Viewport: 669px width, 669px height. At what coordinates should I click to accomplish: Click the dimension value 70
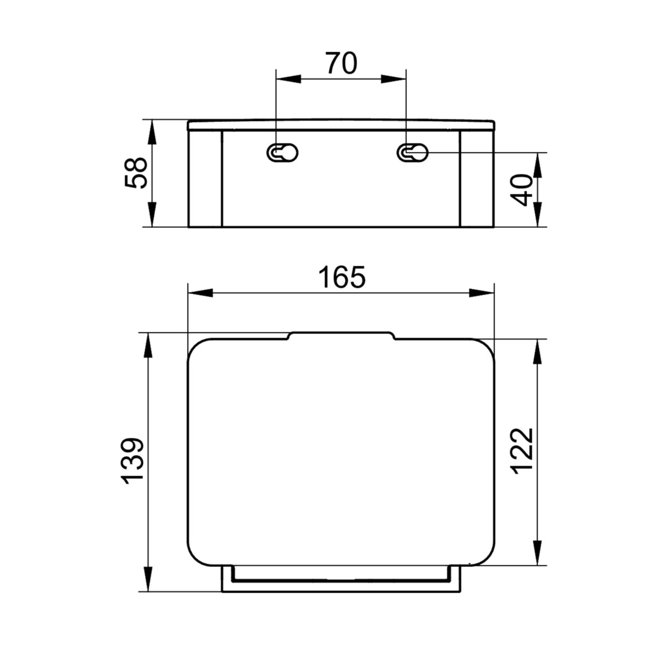341,64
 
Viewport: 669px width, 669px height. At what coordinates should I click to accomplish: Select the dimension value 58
136,173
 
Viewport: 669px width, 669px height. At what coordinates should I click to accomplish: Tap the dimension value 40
523,190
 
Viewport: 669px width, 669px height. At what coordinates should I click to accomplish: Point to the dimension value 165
341,278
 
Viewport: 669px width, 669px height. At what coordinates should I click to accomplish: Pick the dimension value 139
133,462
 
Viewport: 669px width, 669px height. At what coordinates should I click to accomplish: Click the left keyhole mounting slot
282,153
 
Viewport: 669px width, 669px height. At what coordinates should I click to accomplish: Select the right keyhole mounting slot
413,153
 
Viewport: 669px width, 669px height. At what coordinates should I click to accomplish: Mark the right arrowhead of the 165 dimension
482,293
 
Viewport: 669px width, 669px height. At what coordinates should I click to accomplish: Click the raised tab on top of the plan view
341,336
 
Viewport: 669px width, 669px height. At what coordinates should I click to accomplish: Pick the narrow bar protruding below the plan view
341,579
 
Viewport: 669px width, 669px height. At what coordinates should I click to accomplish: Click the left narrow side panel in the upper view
205,178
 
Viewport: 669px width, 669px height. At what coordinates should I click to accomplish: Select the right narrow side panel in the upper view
476,178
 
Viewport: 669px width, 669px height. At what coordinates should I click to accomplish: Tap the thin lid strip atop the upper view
341,125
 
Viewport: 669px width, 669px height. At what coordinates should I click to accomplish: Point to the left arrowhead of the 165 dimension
200,293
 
